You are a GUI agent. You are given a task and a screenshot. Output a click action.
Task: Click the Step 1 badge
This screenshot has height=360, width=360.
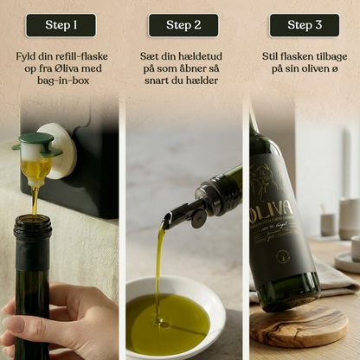[61, 25]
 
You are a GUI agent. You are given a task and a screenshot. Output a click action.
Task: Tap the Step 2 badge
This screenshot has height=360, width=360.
[183, 25]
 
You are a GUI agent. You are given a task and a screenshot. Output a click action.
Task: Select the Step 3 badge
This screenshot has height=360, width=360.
[304, 25]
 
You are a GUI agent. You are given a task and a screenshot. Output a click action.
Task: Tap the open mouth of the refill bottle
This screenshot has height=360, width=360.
[33, 222]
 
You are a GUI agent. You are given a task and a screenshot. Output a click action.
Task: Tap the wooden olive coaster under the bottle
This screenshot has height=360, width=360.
[299, 325]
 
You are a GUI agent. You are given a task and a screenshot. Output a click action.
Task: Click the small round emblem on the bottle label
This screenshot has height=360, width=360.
[282, 256]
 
